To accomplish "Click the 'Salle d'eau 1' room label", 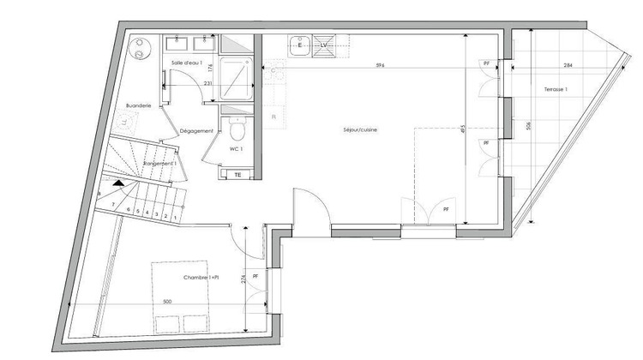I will [x=187, y=63].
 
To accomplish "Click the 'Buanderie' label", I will [x=139, y=105].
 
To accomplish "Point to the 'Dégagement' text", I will [x=196, y=131].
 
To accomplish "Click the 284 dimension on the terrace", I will [x=568, y=65].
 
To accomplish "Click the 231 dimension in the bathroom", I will [x=207, y=83].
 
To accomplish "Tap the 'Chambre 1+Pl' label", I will [x=201, y=278].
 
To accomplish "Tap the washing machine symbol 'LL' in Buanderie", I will [x=125, y=123].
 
